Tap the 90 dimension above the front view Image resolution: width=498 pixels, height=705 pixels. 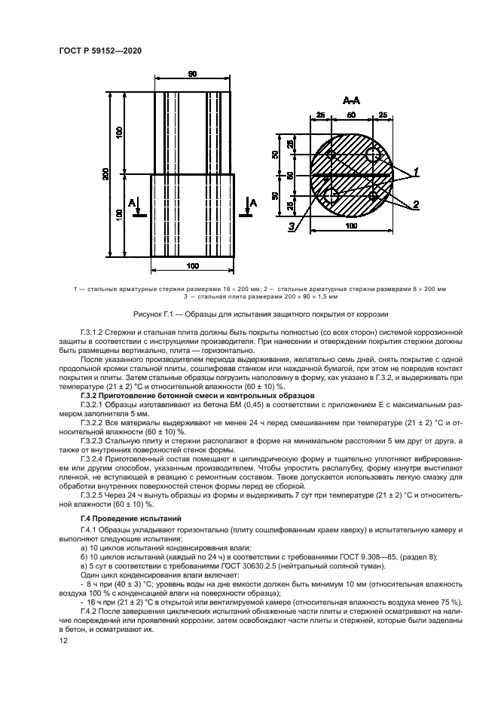192,74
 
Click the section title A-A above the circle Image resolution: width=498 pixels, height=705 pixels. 351,100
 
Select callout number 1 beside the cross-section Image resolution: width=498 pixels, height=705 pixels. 416,172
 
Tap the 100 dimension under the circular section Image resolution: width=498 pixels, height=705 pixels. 351,225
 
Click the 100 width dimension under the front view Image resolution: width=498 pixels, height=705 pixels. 192,266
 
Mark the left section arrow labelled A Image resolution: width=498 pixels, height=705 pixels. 135,204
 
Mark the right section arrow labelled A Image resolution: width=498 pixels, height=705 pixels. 252,204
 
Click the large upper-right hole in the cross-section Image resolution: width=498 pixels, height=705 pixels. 374,156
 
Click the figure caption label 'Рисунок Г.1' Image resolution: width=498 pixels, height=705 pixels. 153,314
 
